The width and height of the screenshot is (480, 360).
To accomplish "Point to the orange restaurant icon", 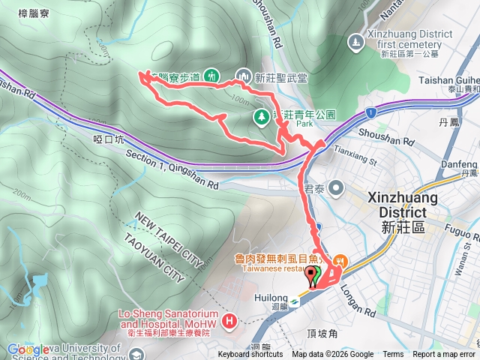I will [339, 261].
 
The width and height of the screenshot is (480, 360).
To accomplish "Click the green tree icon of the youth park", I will [261, 116].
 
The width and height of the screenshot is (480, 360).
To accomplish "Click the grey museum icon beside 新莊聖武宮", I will [243, 75].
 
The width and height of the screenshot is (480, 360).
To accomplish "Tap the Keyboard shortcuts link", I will [250, 355].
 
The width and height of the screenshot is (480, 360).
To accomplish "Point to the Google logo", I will [28, 349].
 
